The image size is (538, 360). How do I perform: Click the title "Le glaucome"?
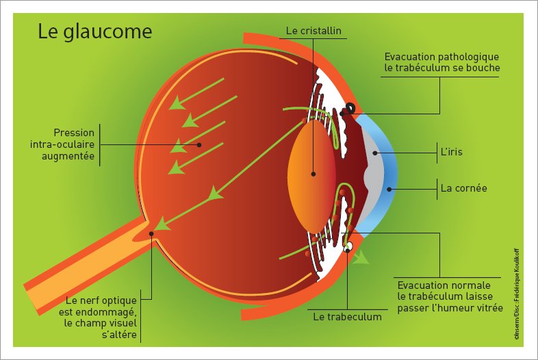coord(94,32)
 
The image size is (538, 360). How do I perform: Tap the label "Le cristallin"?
coord(313,30)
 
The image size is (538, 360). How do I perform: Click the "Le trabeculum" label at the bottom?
coord(347,317)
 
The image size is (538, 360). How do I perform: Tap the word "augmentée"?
coord(68,156)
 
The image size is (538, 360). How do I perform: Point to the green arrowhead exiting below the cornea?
coord(361,258)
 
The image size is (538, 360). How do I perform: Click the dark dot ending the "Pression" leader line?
coord(199,145)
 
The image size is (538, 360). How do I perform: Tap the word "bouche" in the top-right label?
coord(483,68)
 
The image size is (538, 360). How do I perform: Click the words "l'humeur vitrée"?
coord(472,309)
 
